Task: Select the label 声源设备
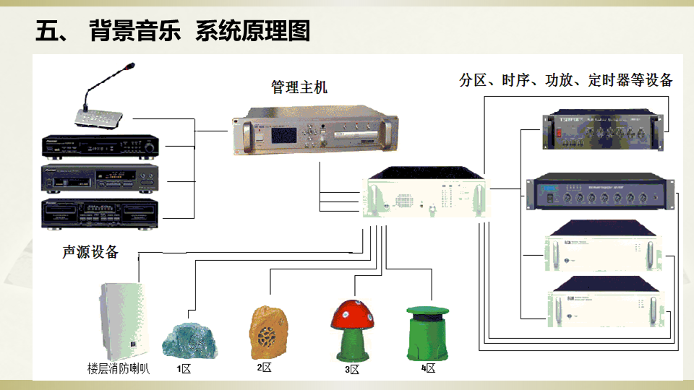tap(90, 252)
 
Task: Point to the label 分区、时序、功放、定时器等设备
tap(566, 80)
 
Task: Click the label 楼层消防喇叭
tap(119, 370)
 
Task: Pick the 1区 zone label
tap(184, 369)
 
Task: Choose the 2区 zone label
tap(264, 368)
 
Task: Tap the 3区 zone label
tap(352, 370)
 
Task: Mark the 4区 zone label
tap(429, 368)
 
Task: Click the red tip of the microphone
tap(130, 67)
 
